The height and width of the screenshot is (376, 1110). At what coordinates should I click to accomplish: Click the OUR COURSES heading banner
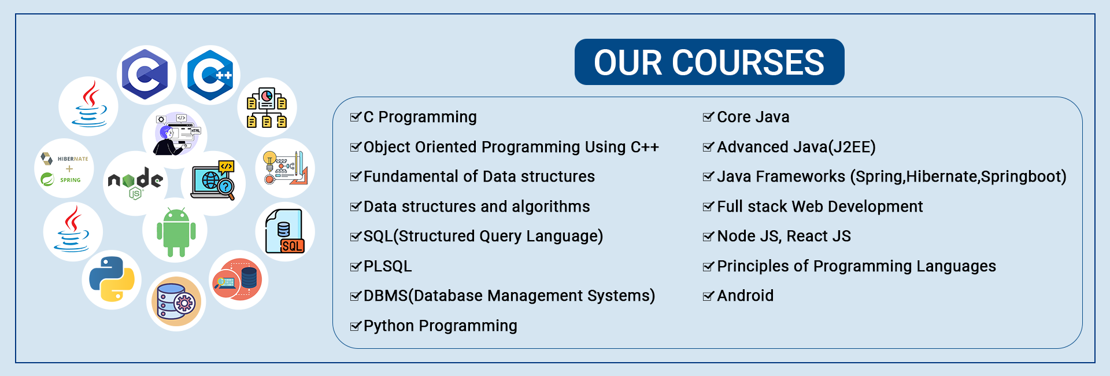pyautogui.click(x=709, y=62)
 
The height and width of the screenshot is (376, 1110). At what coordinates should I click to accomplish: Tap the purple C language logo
pyautogui.click(x=146, y=75)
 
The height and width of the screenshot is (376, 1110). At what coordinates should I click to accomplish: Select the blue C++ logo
pyautogui.click(x=210, y=75)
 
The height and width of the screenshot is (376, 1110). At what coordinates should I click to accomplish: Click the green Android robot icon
pyautogui.click(x=176, y=232)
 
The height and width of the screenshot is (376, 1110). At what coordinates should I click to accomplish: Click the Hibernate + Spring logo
pyautogui.click(x=64, y=169)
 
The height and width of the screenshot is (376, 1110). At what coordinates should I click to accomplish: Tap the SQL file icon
pyautogui.click(x=284, y=231)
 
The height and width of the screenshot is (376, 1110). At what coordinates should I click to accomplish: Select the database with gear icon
pyautogui.click(x=176, y=301)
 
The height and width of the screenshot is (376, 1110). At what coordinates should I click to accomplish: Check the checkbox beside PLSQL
pyautogui.click(x=356, y=267)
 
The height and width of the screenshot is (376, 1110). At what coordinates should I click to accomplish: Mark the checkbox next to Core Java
pyautogui.click(x=708, y=117)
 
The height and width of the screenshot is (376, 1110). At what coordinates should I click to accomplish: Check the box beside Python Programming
pyautogui.click(x=356, y=326)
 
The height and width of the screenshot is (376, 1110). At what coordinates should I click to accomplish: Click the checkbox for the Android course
pyautogui.click(x=708, y=296)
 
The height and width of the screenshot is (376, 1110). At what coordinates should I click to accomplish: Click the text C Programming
pyautogui.click(x=420, y=117)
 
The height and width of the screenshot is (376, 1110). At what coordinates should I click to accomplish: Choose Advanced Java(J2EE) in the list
pyautogui.click(x=796, y=148)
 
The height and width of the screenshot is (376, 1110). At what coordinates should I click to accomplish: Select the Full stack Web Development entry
pyautogui.click(x=820, y=207)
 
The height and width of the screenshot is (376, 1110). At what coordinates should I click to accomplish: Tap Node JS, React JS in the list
pyautogui.click(x=784, y=236)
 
